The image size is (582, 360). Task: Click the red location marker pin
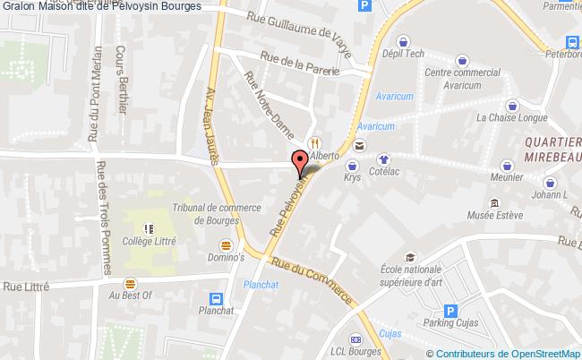[300, 162]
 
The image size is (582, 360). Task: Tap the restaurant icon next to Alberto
[314, 142]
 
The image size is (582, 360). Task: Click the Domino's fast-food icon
[227, 244]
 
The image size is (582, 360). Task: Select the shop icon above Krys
[352, 165]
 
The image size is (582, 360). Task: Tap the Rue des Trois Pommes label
[104, 219]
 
